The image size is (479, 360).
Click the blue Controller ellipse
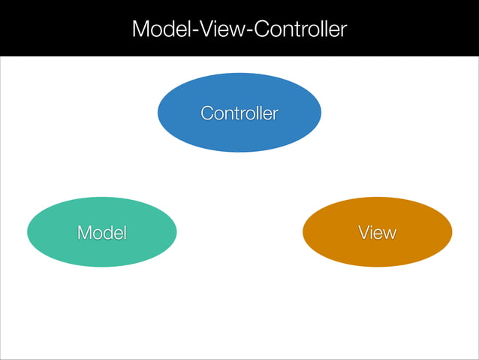[239, 113]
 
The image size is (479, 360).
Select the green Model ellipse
[102, 232]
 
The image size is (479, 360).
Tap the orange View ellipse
[377, 232]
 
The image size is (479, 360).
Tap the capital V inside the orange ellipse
[363, 233]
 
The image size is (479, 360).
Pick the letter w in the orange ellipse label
[389, 234]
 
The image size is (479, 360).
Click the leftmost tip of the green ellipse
[28, 232]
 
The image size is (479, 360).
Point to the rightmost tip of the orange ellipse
[452, 232]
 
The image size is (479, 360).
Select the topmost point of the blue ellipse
[239, 73]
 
